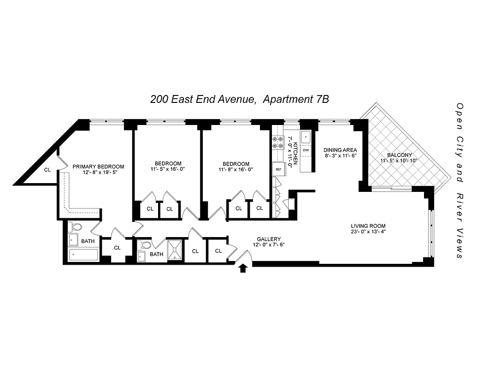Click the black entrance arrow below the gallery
[x=243, y=268]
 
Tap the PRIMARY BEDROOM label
[x=98, y=167]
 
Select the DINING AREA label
[x=340, y=150]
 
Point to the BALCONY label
[x=399, y=155]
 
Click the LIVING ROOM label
[x=367, y=226]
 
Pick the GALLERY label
[x=269, y=239]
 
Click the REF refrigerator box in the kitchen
[x=278, y=169]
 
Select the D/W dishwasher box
[x=306, y=150]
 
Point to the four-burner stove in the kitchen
[x=278, y=143]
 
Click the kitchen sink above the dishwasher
[x=306, y=137]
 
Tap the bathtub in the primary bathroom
[x=83, y=255]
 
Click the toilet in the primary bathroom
[x=76, y=227]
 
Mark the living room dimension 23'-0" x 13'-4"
[x=367, y=232]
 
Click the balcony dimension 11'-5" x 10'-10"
[x=399, y=161]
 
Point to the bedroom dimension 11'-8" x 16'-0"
[x=236, y=169]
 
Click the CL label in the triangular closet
[x=47, y=170]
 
